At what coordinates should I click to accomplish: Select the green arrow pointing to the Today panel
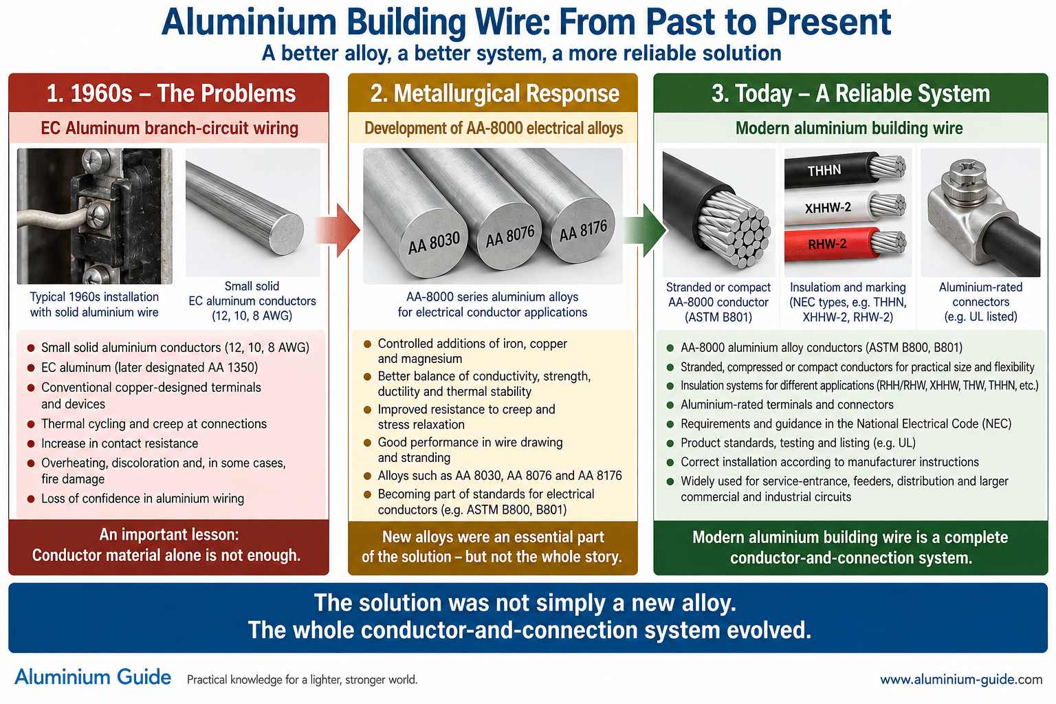pos(645,230)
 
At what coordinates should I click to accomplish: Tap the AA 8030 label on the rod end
pos(434,243)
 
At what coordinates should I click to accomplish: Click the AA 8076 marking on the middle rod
pos(510,236)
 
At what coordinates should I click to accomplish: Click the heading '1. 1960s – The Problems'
pos(171,93)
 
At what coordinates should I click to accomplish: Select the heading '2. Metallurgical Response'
pos(494,93)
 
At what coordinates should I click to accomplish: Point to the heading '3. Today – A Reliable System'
pos(850,93)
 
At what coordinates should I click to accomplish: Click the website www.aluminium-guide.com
pos(961,679)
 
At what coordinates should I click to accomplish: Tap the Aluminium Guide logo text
pos(93,677)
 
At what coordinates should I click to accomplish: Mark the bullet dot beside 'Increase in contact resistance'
pos(31,443)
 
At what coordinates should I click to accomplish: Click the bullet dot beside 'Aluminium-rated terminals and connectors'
pos(670,405)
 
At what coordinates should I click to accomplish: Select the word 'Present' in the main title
pos(828,22)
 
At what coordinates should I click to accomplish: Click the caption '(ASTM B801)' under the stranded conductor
pos(718,317)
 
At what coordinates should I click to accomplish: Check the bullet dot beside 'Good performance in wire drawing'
pos(368,443)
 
